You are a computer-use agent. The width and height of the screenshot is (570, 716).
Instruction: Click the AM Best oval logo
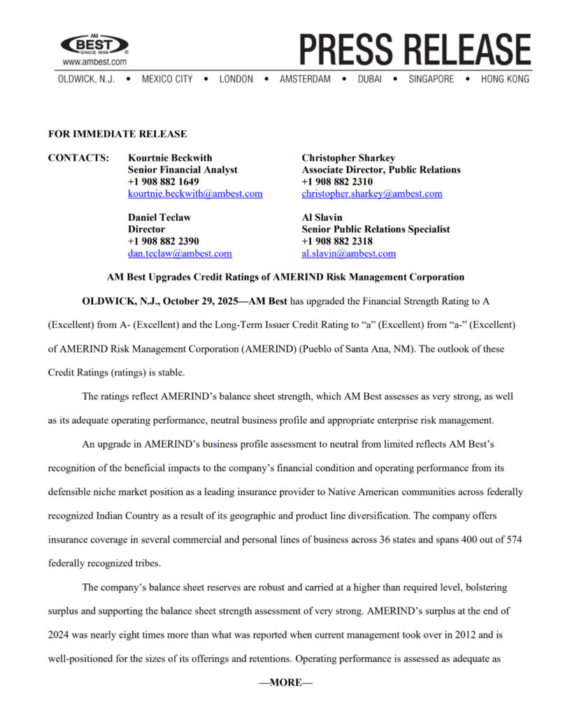(94, 45)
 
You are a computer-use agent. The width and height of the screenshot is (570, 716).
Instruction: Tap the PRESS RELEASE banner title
(415, 49)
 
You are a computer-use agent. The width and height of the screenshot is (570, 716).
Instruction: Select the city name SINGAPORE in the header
(431, 79)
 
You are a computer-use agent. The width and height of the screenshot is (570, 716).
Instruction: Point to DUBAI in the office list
(369, 79)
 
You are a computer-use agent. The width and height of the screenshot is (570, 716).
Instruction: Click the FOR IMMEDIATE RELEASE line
(117, 134)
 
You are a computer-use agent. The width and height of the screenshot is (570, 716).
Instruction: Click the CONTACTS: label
(78, 158)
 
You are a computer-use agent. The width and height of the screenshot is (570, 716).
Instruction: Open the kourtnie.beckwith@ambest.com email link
(195, 194)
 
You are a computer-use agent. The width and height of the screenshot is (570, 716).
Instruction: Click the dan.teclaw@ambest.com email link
(180, 253)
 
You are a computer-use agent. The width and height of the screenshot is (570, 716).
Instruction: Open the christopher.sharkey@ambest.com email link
(371, 194)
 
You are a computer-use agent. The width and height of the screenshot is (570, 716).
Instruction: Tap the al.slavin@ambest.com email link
(348, 253)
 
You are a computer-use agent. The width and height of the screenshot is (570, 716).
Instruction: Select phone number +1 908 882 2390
(164, 241)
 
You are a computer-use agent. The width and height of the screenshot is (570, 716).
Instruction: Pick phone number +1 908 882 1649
(164, 182)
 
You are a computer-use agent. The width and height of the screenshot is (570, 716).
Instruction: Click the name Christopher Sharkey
(348, 158)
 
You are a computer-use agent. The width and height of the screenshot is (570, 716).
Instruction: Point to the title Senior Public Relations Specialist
(376, 229)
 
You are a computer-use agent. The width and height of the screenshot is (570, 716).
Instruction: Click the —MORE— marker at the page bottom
(285, 682)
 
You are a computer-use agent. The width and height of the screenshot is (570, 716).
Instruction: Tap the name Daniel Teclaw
(159, 217)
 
